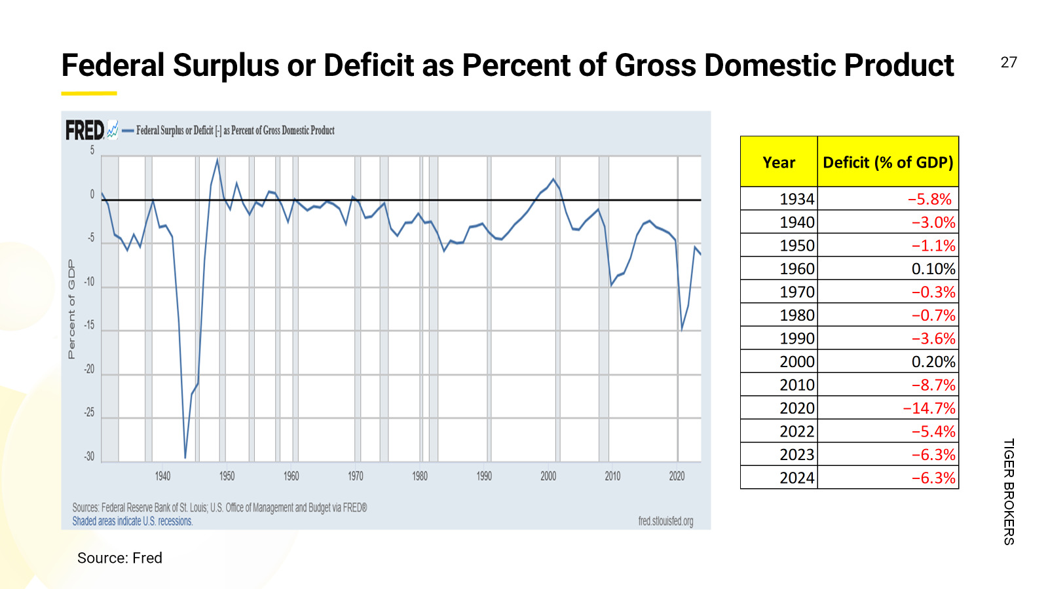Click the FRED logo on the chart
tap(85, 130)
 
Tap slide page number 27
tap(1009, 62)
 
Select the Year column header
tap(779, 162)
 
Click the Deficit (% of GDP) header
tap(888, 162)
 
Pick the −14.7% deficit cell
tap(929, 408)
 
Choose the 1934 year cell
tap(796, 199)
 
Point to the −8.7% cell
tap(933, 385)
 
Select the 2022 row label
tap(796, 431)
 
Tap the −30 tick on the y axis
tap(89, 457)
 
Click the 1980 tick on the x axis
tap(420, 476)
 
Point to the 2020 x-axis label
tap(677, 476)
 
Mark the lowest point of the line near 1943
tap(185, 457)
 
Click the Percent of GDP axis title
tap(71, 309)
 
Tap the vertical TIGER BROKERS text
tap(1009, 491)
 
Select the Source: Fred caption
tap(120, 558)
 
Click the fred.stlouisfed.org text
tap(665, 521)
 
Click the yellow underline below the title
tap(89, 94)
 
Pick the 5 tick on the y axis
tap(92, 151)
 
